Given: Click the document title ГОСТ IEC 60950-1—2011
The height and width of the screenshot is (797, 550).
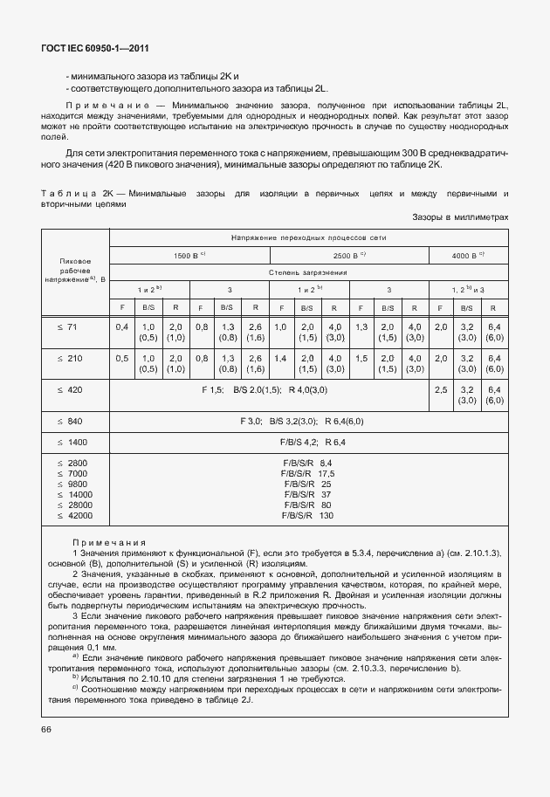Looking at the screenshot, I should pos(87,50).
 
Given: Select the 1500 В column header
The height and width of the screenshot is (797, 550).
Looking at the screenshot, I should pos(189,255).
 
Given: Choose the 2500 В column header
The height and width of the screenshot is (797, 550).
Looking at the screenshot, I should pos(349,255).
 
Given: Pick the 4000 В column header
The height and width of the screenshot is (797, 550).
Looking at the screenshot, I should pos(467,255).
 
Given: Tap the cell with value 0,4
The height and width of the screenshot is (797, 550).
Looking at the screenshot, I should pos(122,326).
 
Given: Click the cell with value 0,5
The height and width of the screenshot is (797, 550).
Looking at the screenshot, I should pos(122,358).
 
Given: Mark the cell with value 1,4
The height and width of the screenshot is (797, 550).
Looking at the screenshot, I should pos(280,358).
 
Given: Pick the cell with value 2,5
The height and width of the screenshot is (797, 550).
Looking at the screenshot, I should pos(440,389).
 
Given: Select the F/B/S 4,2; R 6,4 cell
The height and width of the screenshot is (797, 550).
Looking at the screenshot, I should pos(308,442).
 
